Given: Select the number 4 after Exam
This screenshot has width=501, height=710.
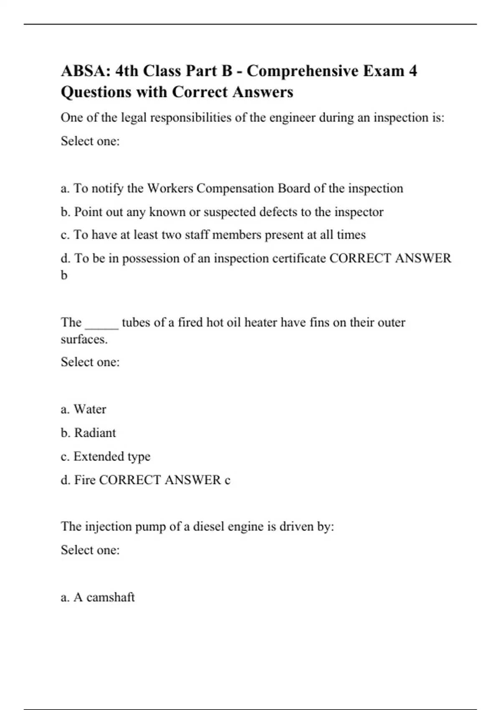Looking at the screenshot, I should click(x=412, y=71).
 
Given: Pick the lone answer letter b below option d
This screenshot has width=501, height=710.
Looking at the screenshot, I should click(x=64, y=275).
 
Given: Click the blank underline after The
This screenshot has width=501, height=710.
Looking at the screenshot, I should click(x=102, y=323).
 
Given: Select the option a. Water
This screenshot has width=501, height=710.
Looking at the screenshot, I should click(x=83, y=409).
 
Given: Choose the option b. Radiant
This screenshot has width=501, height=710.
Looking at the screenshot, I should click(x=88, y=433).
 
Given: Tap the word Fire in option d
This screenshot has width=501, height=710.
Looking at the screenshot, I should click(x=85, y=480).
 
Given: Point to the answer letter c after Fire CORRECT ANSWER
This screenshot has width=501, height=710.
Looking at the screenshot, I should click(x=227, y=480).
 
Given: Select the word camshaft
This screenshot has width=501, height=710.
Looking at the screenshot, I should click(x=111, y=597).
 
